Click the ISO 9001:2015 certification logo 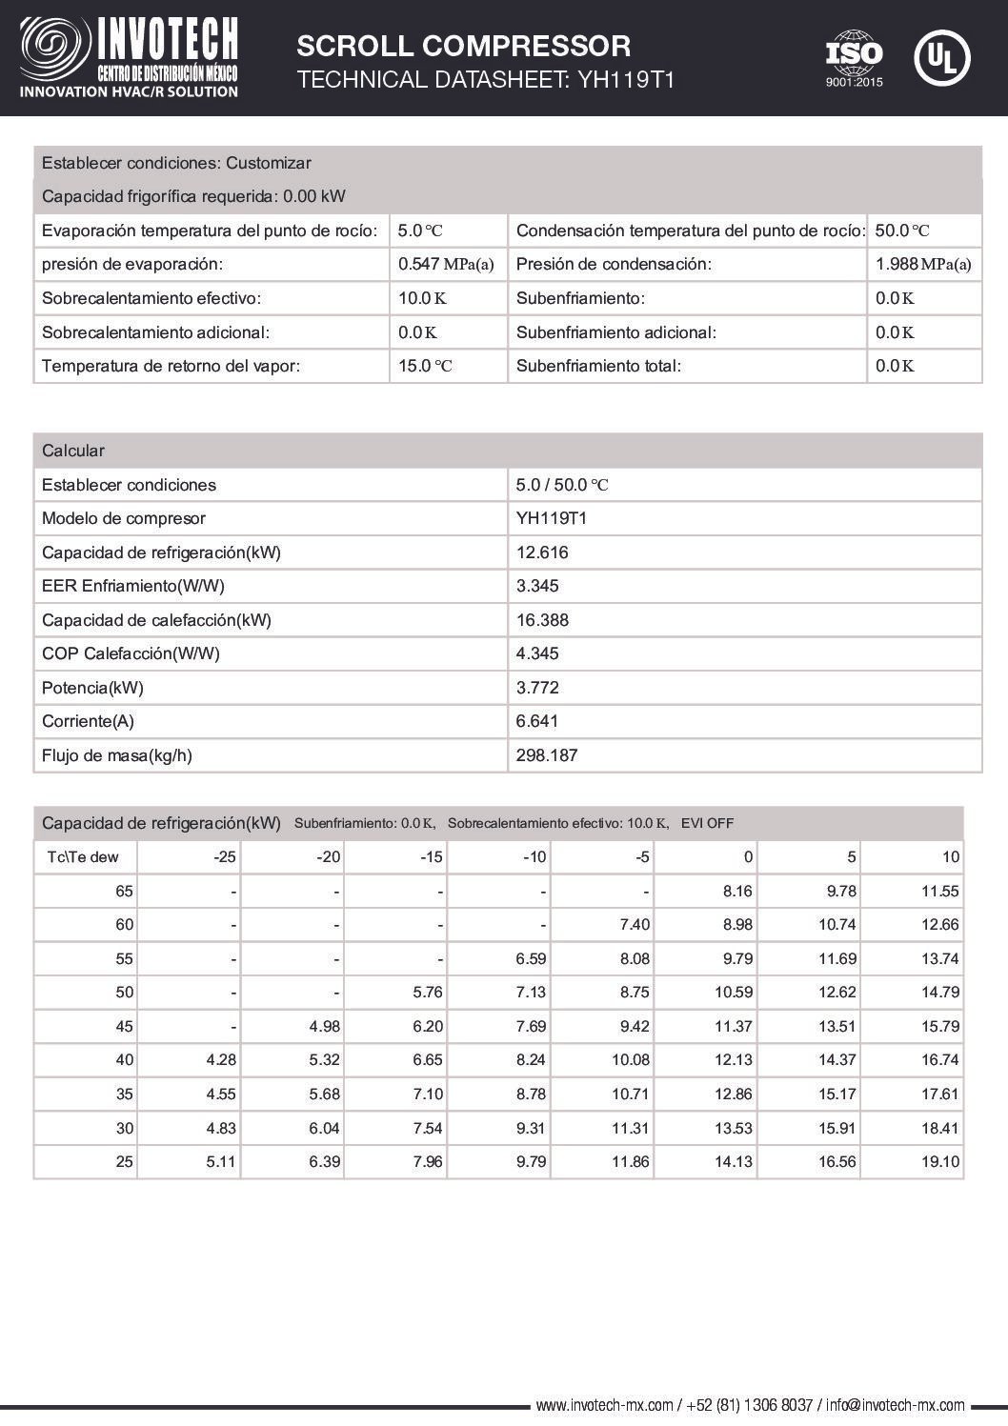pyautogui.click(x=854, y=59)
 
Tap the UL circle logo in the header pyautogui.click(x=941, y=58)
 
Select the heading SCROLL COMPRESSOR pyautogui.click(x=463, y=46)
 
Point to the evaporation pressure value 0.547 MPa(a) pyautogui.click(x=446, y=265)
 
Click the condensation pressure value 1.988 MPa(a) pyautogui.click(x=922, y=265)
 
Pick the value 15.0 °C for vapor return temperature pyautogui.click(x=425, y=366)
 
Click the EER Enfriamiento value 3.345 pyautogui.click(x=537, y=586)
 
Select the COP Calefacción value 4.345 pyautogui.click(x=537, y=653)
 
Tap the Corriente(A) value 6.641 pyautogui.click(x=537, y=721)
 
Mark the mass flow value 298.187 pyautogui.click(x=547, y=755)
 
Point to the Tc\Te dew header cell pyautogui.click(x=83, y=857)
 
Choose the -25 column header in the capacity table pyautogui.click(x=225, y=857)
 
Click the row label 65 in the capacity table pyautogui.click(x=125, y=892)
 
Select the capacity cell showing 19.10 pyautogui.click(x=941, y=1162)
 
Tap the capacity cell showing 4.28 pyautogui.click(x=221, y=1060)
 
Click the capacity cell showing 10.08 pyautogui.click(x=631, y=1060)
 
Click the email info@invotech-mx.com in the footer pyautogui.click(x=895, y=1405)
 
